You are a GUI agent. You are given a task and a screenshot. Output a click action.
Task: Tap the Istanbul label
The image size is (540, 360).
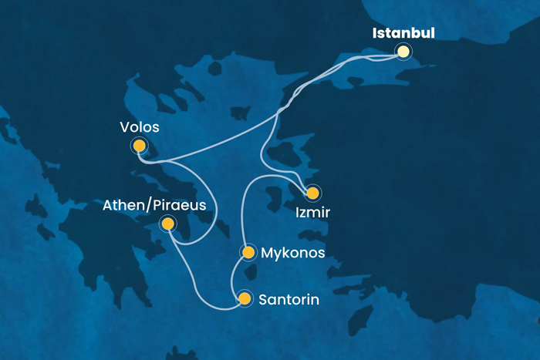pos(403,33)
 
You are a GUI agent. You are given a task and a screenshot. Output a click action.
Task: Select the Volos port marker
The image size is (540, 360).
pos(139,144)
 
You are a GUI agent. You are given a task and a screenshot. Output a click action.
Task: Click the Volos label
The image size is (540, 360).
pos(140,126)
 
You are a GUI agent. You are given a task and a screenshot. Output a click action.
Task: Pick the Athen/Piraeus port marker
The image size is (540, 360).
pos(167,224)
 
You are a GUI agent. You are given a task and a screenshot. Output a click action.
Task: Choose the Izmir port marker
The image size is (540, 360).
pos(312,193)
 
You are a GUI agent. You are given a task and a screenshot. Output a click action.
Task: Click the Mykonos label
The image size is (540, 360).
pos(293,253)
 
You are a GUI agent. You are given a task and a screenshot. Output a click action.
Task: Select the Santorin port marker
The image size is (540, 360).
pos(245,298)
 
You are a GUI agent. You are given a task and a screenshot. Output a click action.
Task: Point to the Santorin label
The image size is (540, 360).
pos(290,298)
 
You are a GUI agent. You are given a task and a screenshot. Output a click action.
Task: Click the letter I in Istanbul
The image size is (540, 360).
pos(375,33)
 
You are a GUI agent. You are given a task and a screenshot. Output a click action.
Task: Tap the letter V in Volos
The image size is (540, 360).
pos(125,126)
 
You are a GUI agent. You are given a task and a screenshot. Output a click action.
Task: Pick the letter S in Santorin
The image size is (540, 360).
pos(265,298)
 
